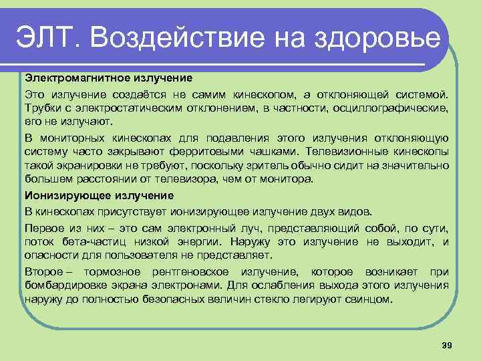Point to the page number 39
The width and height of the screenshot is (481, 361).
tap(448, 344)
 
